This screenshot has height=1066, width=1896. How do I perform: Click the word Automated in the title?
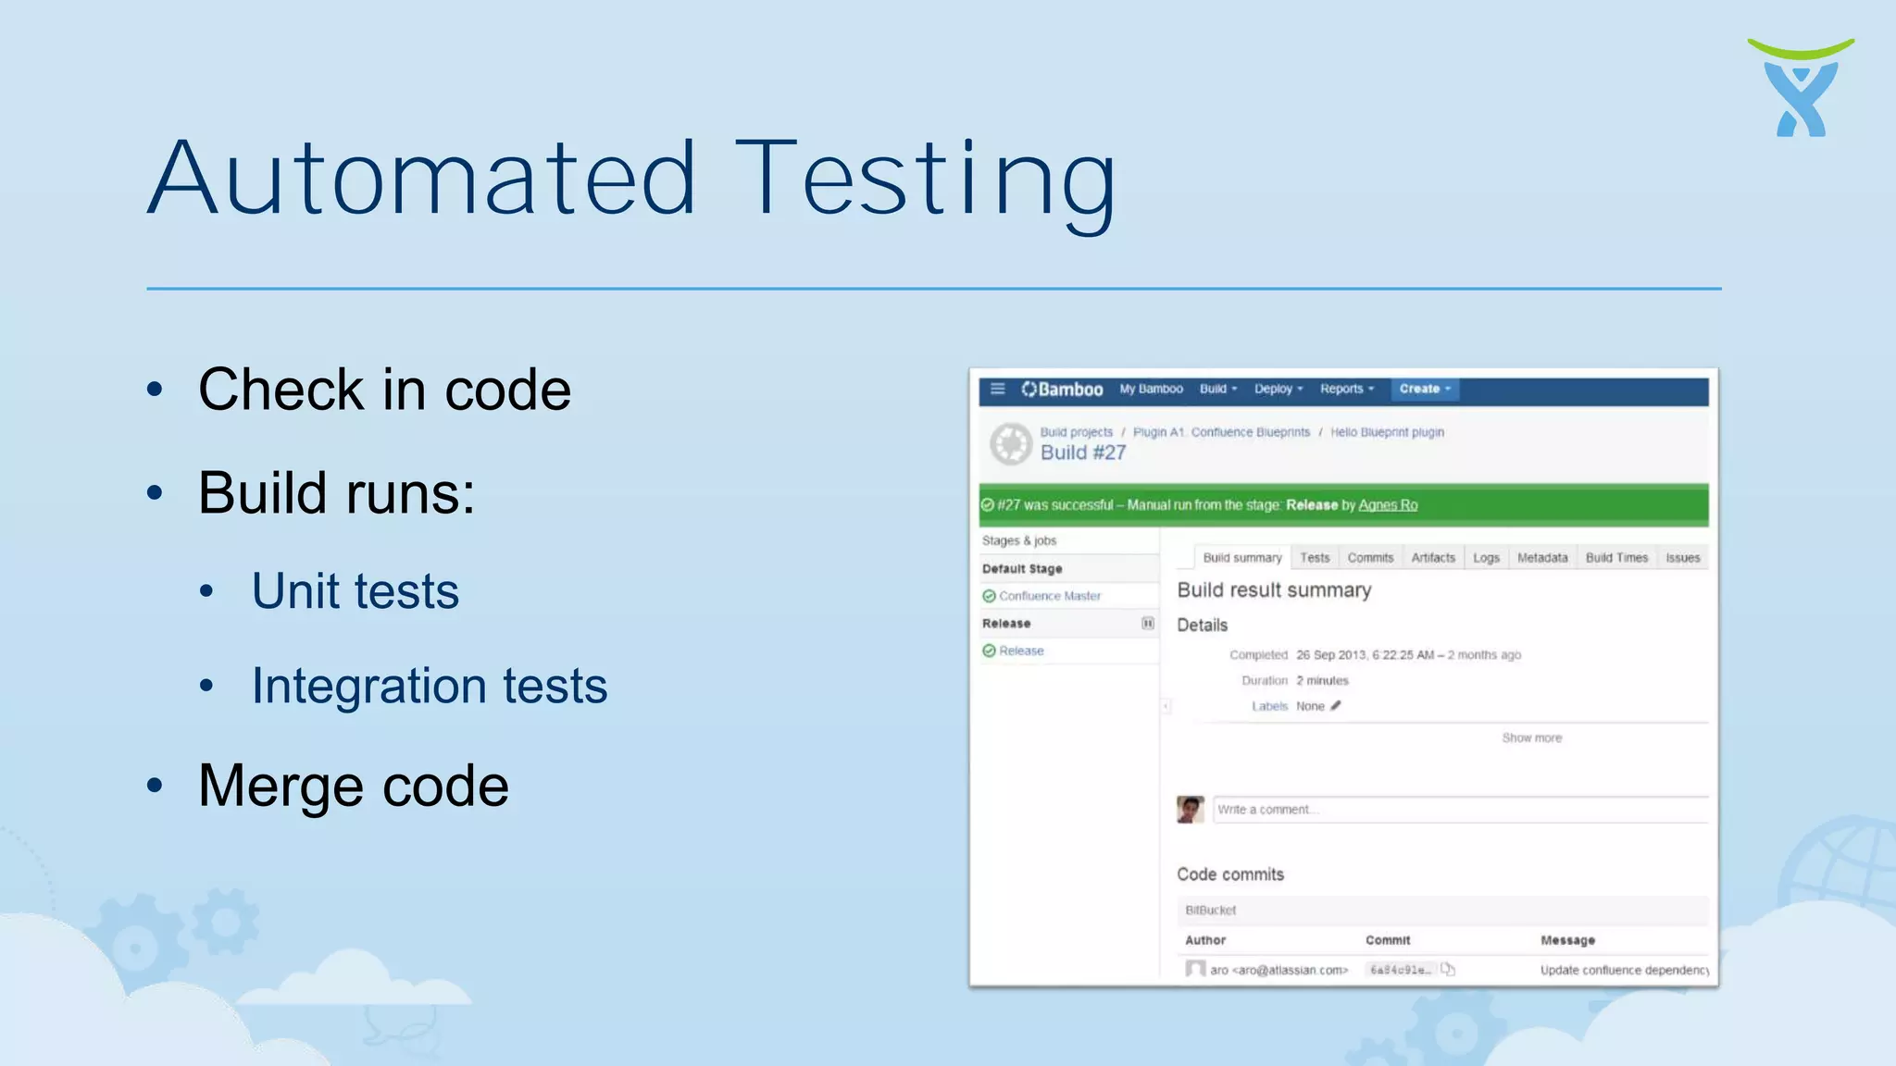pos(421,178)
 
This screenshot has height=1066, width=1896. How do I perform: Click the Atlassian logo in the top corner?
pos(1800,88)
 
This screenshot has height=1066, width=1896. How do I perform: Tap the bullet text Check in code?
pos(384,390)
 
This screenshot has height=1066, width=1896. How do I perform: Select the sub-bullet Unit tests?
pos(355,591)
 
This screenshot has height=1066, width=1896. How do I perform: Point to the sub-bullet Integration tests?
pos(430,686)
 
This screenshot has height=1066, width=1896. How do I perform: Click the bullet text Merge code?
pos(354,786)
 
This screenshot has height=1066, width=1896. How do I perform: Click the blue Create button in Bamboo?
pos(1424,389)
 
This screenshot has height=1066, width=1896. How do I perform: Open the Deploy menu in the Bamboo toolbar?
pos(1278,389)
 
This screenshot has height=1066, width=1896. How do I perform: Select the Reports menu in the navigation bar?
pos(1346,389)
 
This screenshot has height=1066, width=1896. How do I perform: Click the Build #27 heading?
pos(1083,452)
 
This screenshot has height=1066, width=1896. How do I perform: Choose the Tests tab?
pos(1314,558)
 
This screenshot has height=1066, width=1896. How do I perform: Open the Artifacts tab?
pos(1432,558)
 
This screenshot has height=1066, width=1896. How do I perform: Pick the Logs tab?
pos(1486,558)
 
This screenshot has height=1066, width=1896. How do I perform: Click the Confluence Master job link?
pos(1050,596)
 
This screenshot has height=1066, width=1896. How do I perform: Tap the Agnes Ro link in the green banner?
pos(1388,505)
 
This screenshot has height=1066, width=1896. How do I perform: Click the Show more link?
pos(1531,738)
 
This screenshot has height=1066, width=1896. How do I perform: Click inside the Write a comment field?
pos(1459,810)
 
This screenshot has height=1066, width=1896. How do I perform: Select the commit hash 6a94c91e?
pos(1400,970)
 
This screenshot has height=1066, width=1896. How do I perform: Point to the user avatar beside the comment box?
pos(1190,810)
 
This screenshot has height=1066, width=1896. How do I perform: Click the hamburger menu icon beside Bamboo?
pos(997,389)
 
